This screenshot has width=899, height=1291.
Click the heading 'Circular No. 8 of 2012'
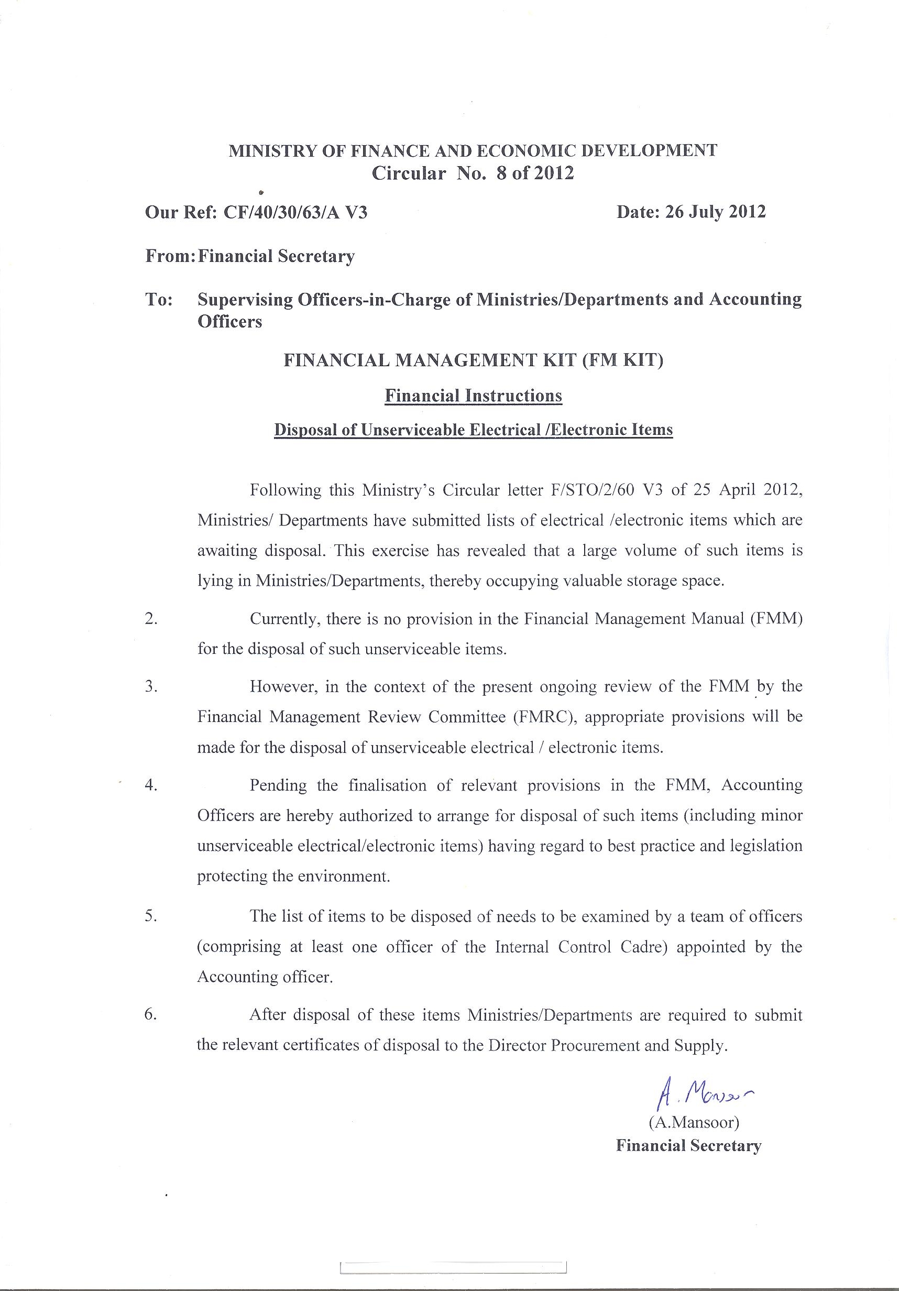[x=473, y=173]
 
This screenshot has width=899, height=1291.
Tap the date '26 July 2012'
[x=715, y=212]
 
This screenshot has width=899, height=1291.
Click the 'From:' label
[x=170, y=256]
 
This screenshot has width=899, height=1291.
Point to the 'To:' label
[x=159, y=300]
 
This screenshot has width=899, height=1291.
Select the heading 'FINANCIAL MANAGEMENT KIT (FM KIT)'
[x=474, y=360]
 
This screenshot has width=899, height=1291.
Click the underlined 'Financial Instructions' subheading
[x=474, y=396]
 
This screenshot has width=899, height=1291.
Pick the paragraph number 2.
[x=151, y=619]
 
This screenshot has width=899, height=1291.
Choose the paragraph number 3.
[x=151, y=686]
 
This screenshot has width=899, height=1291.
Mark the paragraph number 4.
[x=151, y=785]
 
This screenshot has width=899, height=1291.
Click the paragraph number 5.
[x=151, y=916]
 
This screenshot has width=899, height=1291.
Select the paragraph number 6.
[x=151, y=1015]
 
